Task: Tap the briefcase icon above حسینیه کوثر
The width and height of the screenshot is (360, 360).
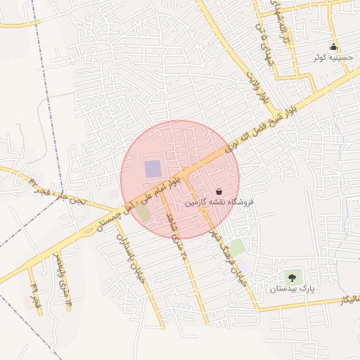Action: (334, 47)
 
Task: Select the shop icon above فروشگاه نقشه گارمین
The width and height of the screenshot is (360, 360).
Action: (219, 191)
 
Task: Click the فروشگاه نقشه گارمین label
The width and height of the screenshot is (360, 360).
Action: (219, 202)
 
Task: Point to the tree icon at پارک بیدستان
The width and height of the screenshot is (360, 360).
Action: (292, 278)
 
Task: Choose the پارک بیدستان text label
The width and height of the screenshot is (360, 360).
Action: (292, 288)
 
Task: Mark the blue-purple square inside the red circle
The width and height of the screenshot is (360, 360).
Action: (153, 169)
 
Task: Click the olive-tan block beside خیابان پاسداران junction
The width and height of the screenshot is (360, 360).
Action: (144, 212)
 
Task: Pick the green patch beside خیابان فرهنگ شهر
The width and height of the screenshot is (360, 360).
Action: (237, 247)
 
